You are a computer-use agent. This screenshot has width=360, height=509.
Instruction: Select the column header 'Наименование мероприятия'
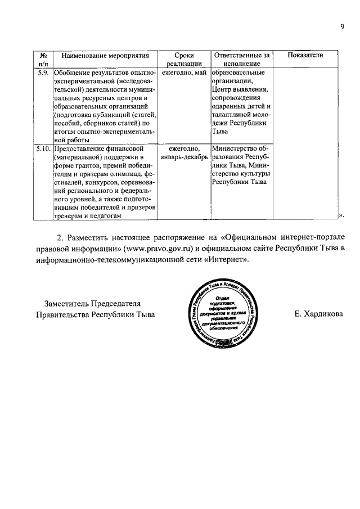[105, 55]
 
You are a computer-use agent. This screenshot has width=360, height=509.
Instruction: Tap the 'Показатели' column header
[305, 55]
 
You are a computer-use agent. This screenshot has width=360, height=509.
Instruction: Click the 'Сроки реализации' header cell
[184, 60]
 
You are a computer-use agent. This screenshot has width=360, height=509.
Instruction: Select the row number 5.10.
[43, 148]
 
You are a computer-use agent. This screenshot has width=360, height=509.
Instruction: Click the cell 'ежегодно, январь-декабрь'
[184, 152]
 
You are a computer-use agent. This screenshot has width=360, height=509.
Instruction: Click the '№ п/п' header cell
[43, 60]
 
